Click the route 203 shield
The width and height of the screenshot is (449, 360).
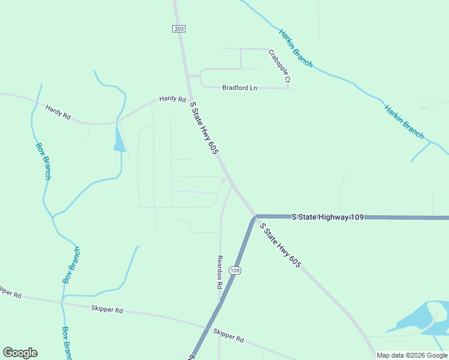click(x=178, y=29)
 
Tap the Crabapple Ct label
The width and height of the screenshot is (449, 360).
click(x=279, y=66)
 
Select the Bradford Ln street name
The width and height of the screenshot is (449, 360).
click(x=240, y=88)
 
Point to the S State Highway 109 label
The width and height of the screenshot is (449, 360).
click(x=328, y=217)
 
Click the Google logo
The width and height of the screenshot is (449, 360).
click(x=20, y=353)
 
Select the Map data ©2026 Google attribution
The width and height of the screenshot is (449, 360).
click(x=412, y=355)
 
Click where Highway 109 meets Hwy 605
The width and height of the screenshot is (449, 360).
click(x=256, y=216)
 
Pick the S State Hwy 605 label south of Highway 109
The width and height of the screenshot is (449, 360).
click(x=280, y=245)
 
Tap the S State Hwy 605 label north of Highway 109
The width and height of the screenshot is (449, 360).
click(x=203, y=128)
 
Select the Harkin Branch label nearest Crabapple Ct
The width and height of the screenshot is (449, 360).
click(x=295, y=48)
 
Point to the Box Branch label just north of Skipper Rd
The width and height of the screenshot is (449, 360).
click(x=71, y=265)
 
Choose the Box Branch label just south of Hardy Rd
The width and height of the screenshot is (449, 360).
click(x=43, y=161)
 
